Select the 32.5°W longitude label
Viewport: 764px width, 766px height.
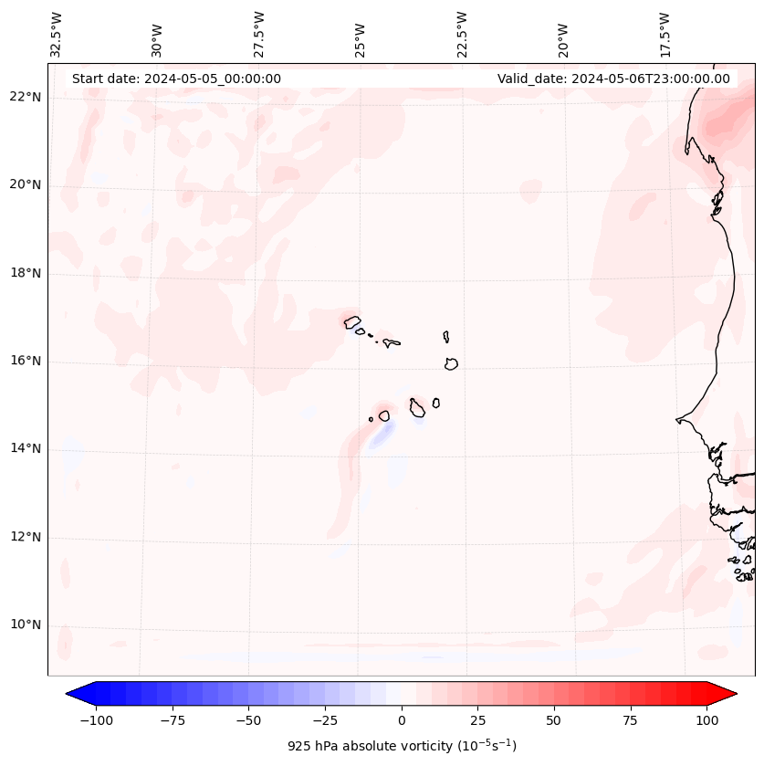[58, 34]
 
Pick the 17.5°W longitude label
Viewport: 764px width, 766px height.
[665, 34]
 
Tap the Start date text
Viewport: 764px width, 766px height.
[176, 79]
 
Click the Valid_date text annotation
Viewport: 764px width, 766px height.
[613, 79]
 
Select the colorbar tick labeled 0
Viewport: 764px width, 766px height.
[402, 720]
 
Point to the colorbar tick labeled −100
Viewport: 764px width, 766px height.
[96, 720]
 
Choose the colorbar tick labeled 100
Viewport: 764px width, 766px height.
[706, 720]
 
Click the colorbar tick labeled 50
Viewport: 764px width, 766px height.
[554, 720]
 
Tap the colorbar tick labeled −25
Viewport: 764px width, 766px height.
[325, 720]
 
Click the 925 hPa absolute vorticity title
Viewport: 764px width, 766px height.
[402, 746]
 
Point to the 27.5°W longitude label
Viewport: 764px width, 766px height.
[260, 34]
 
